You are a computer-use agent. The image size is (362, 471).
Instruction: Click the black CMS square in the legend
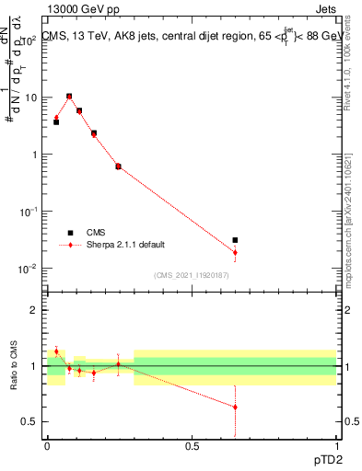pos(70,233)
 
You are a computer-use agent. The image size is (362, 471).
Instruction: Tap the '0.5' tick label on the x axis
pos(192,445)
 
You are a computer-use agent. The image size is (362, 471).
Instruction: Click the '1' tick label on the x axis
pos(337,445)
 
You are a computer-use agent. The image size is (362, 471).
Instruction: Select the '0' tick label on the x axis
pos(47,445)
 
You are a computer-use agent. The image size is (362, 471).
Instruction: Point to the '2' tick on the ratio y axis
pos(34,310)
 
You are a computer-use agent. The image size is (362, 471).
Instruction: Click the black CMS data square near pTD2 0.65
pos(236,240)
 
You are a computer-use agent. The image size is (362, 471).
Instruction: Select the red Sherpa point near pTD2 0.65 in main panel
pos(236,252)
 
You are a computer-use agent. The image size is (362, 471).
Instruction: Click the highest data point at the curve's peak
pos(69,96)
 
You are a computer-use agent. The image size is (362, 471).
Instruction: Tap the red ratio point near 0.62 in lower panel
pos(236,407)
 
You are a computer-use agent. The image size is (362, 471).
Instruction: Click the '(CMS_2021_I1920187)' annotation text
pos(192,275)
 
